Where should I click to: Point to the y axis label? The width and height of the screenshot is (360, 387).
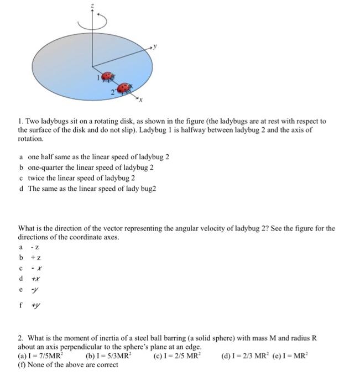coord(156,47)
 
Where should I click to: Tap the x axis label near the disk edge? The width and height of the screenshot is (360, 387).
coord(141,101)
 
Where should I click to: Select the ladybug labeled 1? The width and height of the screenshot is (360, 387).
coord(108,77)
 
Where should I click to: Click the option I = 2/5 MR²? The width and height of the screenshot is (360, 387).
coord(178,357)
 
